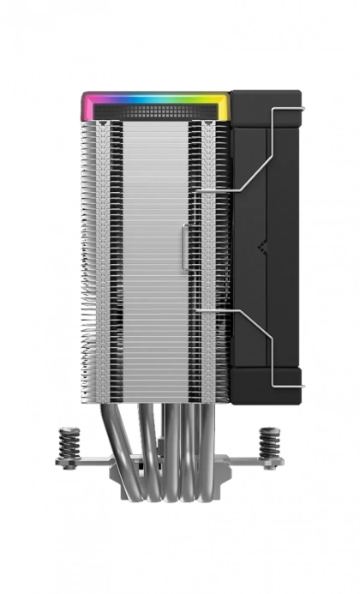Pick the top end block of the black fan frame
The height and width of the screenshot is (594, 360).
[267, 107]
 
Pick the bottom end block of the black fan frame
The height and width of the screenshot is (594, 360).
[267, 381]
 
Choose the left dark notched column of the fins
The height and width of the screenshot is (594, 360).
[104, 257]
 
